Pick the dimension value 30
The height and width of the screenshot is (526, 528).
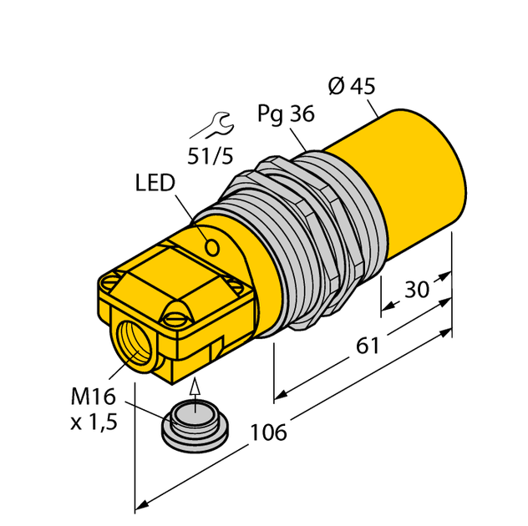tap(416, 289)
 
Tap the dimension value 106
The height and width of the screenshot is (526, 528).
tap(269, 432)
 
